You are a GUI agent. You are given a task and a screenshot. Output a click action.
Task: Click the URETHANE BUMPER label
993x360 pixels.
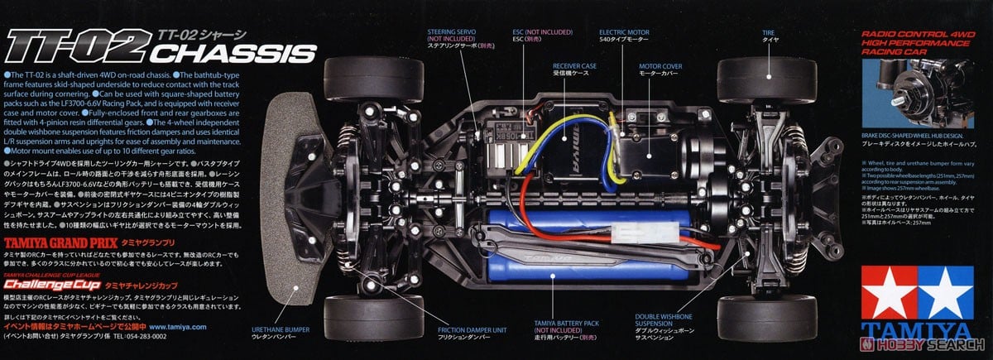[281, 334]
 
